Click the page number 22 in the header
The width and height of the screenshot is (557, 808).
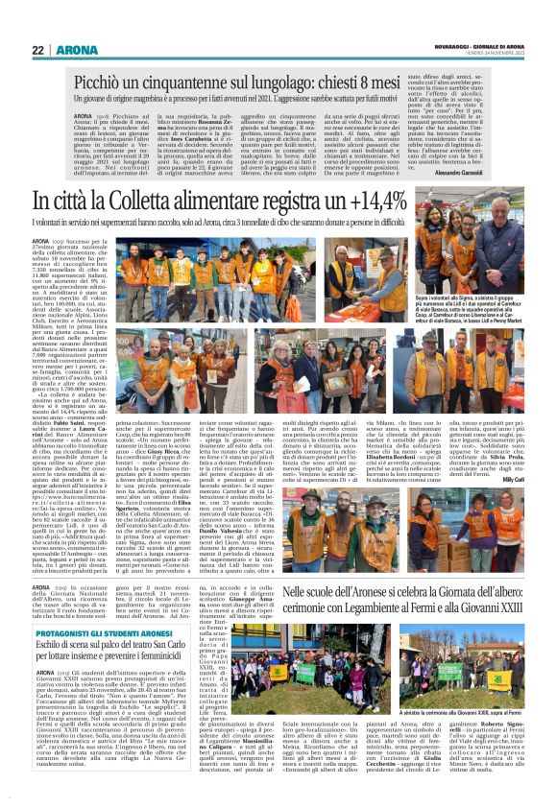pyautogui.click(x=37, y=49)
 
